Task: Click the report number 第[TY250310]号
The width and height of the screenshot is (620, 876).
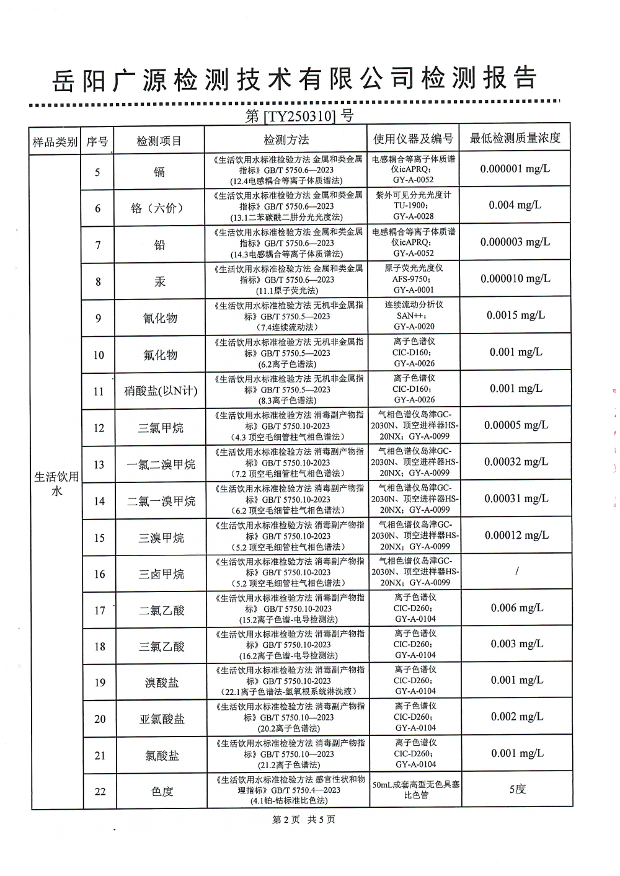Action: (299, 115)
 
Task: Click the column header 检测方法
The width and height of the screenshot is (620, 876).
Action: (286, 140)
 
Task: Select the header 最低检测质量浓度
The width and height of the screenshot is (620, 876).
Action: (515, 138)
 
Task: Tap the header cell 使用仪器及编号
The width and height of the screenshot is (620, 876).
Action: (413, 139)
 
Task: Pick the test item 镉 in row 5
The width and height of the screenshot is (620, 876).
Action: (159, 172)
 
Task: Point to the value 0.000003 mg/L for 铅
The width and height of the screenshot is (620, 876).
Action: (515, 242)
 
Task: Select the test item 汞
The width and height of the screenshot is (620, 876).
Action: (159, 281)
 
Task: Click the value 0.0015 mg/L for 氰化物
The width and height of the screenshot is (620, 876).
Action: (515, 315)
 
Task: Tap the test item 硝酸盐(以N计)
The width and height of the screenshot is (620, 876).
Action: (161, 391)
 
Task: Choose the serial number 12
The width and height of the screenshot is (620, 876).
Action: (99, 428)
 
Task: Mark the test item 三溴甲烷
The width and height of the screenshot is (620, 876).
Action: (161, 538)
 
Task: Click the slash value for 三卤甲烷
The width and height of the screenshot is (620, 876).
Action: (516, 571)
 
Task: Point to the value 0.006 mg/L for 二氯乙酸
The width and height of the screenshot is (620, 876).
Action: (516, 608)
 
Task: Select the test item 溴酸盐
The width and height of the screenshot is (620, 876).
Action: (162, 683)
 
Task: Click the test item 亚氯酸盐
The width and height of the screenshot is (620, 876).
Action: (162, 719)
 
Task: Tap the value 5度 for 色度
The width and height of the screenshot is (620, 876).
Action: (517, 789)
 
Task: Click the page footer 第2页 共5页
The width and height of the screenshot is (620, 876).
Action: (304, 820)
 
